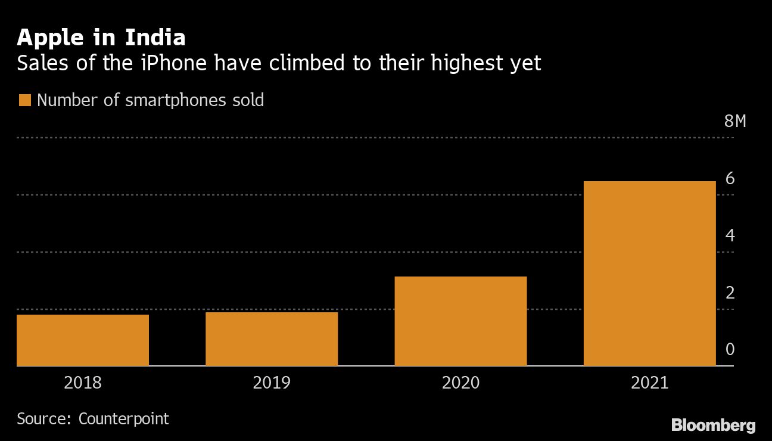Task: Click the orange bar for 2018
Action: [83, 340]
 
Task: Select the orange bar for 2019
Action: [272, 338]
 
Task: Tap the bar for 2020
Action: [460, 321]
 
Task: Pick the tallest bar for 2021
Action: [649, 273]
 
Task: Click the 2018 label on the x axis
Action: [83, 382]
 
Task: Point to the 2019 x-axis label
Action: [272, 382]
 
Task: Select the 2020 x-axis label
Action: [460, 382]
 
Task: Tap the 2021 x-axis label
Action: [649, 382]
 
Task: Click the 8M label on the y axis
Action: [735, 122]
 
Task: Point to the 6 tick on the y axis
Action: [730, 178]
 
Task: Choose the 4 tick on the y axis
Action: [730, 235]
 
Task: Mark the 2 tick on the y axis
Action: [730, 293]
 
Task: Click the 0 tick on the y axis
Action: [730, 349]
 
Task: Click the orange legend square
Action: [24, 100]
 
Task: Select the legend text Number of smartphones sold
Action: [150, 100]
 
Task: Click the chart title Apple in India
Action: [101, 38]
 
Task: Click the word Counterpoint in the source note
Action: [124, 418]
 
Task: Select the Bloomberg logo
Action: [714, 425]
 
